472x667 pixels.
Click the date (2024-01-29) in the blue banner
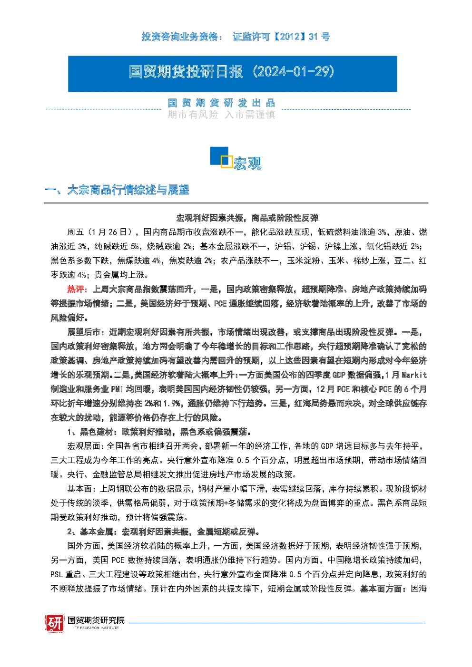pos(293,72)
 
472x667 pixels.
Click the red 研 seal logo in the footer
pos(55,623)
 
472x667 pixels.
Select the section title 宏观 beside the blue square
pos(247,163)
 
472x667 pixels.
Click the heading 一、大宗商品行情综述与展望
pos(117,190)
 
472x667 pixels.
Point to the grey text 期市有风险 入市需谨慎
pos(221,115)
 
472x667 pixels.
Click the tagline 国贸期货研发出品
pos(221,103)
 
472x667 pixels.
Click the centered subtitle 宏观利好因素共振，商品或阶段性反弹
pos(247,218)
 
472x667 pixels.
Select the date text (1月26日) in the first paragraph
pos(108,232)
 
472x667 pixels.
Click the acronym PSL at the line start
pos(57,574)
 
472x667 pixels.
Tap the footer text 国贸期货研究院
pos(96,620)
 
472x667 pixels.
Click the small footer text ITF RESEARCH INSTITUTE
pos(96,628)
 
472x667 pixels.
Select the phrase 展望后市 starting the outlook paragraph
pos(84,332)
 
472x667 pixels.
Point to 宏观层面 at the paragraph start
pos(84,446)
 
